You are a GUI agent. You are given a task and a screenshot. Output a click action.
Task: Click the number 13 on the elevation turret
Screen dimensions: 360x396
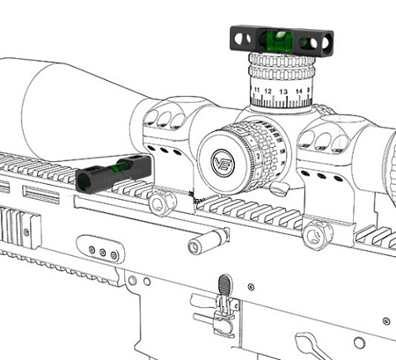tap(284, 90)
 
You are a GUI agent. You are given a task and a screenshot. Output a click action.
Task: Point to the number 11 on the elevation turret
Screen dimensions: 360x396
tap(256, 89)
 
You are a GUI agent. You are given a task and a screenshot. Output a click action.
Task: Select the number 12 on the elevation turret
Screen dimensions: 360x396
tap(269, 90)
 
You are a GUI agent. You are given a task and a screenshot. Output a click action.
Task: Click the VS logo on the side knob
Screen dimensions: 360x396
tap(222, 162)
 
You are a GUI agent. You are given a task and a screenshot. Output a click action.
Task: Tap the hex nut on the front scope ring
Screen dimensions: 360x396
tap(158, 203)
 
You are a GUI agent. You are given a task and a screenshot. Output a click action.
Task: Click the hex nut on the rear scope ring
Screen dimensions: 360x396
tap(317, 233)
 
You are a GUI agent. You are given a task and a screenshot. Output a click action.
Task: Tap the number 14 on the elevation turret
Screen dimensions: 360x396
tap(299, 90)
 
